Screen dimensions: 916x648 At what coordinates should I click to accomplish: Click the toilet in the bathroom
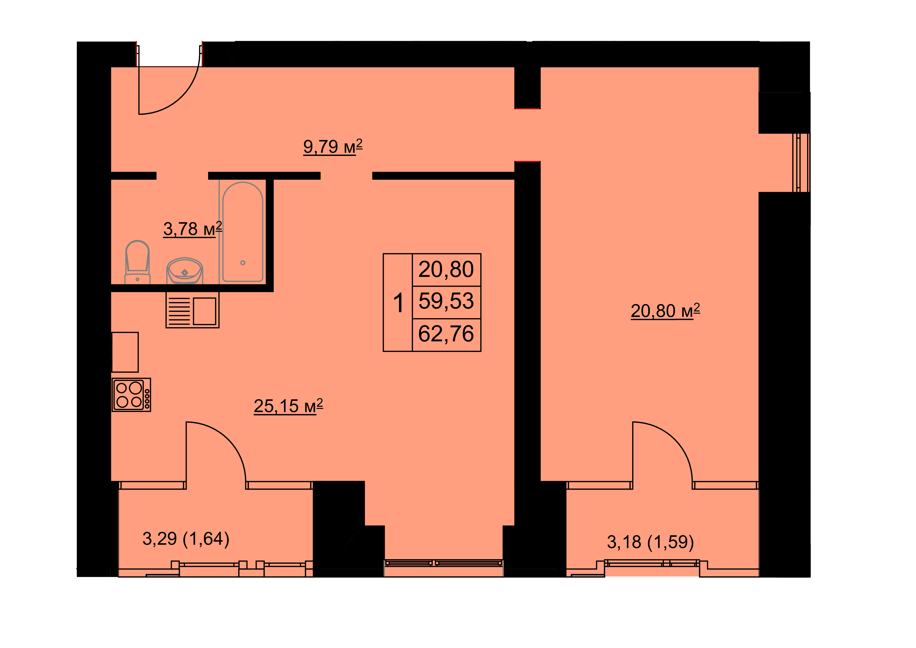point(138,262)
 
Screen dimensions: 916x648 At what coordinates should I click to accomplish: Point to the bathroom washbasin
point(185,271)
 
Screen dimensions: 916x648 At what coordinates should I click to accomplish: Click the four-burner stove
point(131,395)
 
